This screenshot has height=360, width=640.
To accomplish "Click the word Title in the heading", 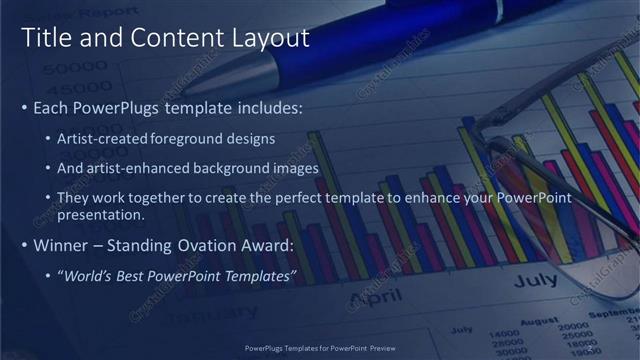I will click(x=45, y=39).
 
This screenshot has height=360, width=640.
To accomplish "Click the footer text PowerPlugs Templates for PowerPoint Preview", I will click(x=320, y=348).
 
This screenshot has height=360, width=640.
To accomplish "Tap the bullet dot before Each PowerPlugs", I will click(x=25, y=105).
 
